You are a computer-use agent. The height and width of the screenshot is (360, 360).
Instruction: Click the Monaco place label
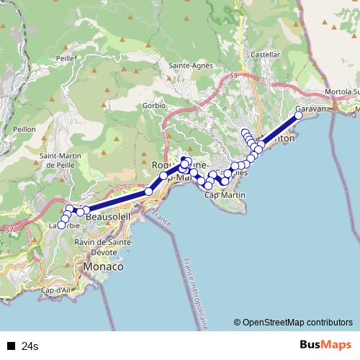point(104,266)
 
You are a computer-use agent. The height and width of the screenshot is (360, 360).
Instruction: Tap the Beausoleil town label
point(109,216)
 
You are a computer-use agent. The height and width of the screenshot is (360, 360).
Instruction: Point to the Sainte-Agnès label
point(191,66)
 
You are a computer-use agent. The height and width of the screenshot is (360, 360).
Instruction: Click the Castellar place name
point(265,55)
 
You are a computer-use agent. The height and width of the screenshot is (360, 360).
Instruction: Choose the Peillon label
point(24,128)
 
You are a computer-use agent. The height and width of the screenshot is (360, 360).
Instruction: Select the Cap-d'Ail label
point(55,290)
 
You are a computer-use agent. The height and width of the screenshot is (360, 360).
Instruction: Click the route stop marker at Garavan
point(299,115)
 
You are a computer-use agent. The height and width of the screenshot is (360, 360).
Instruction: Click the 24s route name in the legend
point(30,346)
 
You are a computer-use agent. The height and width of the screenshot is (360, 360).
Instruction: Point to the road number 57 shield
point(9,230)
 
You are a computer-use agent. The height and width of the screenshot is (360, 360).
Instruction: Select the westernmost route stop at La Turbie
point(61,225)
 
